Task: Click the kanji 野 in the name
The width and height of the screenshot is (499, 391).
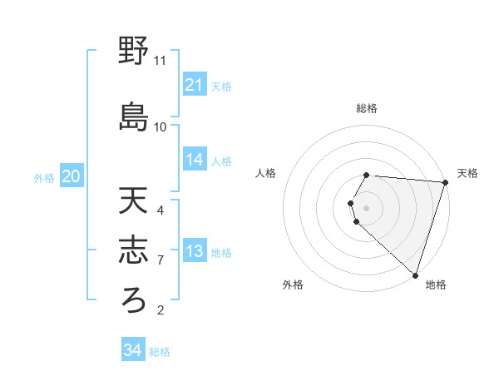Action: (133, 52)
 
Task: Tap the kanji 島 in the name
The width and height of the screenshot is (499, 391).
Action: (133, 116)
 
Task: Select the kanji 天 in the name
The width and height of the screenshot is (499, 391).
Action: (133, 201)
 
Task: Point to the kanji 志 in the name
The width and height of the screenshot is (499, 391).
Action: (133, 250)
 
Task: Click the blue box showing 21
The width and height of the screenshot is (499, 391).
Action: (195, 85)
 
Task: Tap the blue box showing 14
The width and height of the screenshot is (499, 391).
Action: (195, 160)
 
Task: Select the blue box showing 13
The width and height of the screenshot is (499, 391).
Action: (195, 251)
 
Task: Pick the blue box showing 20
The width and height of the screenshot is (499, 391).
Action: (72, 176)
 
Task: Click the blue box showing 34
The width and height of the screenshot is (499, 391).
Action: (133, 350)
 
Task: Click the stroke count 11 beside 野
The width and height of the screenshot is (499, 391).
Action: (160, 61)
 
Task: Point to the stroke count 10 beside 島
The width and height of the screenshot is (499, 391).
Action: (160, 126)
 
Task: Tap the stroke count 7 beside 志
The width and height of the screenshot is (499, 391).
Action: (161, 260)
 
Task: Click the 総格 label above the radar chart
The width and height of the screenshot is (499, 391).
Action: (367, 108)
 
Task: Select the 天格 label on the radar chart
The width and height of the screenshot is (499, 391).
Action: (467, 173)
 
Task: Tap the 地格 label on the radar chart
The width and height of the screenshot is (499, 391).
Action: (436, 285)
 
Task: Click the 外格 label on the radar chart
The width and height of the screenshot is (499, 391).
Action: (293, 285)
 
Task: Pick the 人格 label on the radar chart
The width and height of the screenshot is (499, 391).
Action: (265, 173)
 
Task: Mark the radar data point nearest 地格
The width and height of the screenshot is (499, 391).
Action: (415, 275)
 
